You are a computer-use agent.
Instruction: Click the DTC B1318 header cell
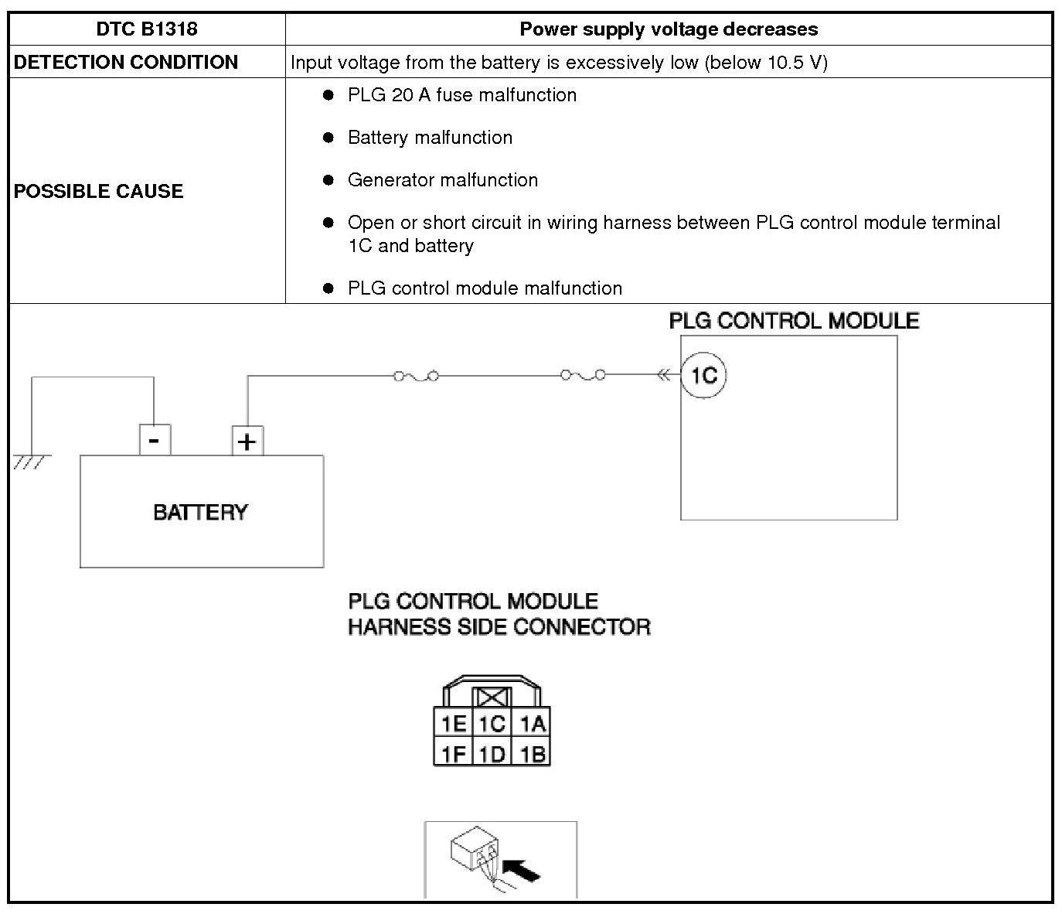coord(147,29)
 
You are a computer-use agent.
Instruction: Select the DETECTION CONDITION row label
coord(126,63)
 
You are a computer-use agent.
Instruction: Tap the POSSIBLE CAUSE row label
coord(99,191)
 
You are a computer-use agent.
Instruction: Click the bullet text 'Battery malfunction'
coord(430,138)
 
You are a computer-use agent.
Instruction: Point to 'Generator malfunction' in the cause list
coord(442,180)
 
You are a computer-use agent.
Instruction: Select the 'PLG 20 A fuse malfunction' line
coord(461,95)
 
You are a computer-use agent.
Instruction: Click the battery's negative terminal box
coord(155,441)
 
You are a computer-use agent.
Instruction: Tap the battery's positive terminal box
coord(247,442)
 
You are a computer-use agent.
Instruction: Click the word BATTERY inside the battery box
coord(201,512)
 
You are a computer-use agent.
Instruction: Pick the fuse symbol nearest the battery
coord(417,377)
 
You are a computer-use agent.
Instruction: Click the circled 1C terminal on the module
coord(703,376)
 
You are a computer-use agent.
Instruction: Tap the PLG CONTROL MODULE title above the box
coord(794,321)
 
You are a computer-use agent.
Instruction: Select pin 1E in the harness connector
coord(453,724)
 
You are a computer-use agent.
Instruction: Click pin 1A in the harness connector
coord(532,724)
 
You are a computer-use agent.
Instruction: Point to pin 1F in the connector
coord(453,753)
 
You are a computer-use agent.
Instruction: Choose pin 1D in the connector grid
coord(492,753)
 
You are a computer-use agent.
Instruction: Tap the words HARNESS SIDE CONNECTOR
coord(499,626)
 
